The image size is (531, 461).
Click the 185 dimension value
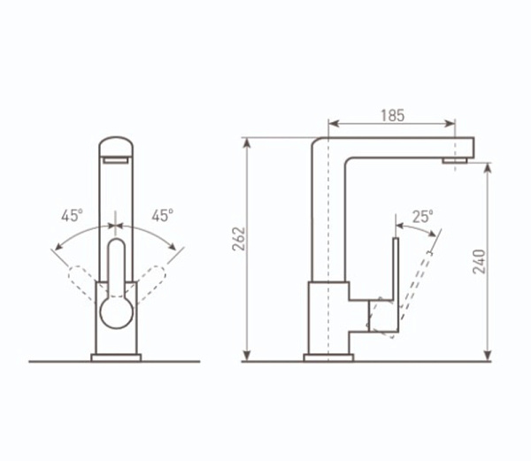coord(392,115)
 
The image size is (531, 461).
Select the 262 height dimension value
coord(238,239)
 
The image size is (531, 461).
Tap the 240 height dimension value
coord(479,262)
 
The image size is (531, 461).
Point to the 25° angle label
coord(422,217)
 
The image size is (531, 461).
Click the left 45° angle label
coord(72,215)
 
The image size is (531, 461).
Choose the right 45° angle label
coord(162,215)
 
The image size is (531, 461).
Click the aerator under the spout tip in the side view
coord(455,160)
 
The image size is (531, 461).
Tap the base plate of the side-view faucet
coord(328,357)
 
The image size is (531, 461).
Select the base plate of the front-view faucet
coord(116,357)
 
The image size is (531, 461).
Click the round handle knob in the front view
coord(117,312)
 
